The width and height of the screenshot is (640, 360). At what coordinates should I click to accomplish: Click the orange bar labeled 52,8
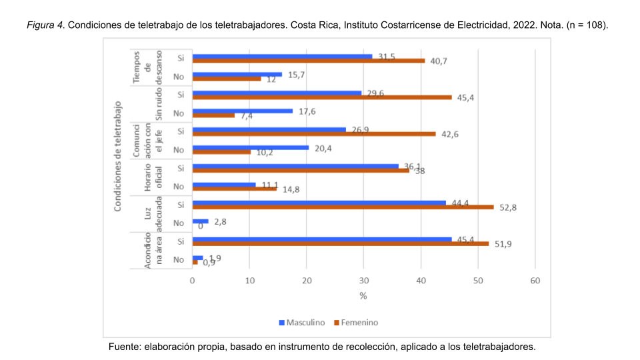(343, 207)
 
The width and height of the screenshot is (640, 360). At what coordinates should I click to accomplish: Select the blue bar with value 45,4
(321, 239)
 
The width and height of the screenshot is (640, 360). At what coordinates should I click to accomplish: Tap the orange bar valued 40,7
(308, 61)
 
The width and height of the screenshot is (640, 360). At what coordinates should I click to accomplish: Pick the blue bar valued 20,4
(250, 147)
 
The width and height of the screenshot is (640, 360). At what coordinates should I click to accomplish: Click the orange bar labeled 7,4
(213, 115)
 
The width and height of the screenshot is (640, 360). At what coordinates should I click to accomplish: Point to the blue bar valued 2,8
(200, 221)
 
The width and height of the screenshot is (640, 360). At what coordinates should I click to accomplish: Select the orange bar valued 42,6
(313, 133)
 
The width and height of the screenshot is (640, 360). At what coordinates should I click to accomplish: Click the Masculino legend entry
(301, 323)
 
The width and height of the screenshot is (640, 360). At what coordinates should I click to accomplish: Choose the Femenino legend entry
(355, 323)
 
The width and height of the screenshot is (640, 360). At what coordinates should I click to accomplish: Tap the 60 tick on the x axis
(535, 281)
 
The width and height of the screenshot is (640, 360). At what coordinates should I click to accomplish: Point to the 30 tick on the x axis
(363, 281)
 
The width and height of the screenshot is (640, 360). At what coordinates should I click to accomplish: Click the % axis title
(363, 295)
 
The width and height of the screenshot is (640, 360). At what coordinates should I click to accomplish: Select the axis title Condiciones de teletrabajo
(117, 156)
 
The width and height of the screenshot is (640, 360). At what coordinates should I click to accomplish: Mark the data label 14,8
(291, 189)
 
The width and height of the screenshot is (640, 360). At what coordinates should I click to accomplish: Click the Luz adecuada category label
(154, 213)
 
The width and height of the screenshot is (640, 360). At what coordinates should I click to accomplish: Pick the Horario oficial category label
(154, 176)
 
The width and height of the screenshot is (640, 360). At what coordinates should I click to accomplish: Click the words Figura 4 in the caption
(46, 25)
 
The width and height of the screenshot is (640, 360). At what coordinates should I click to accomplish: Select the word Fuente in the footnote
(125, 347)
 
